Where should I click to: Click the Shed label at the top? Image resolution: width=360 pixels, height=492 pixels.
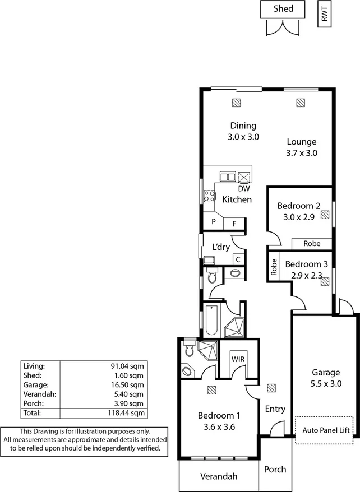284,9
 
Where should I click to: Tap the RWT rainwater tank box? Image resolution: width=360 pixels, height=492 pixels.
324,14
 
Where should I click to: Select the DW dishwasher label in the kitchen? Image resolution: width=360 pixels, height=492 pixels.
243,188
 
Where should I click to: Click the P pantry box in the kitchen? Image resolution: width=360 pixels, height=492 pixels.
214,222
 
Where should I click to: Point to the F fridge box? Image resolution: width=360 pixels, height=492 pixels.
234,223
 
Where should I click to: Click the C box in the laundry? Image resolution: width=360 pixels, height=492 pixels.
238,259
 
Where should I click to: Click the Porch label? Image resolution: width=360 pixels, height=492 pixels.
275,469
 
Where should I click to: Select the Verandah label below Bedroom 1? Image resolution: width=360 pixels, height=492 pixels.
219,476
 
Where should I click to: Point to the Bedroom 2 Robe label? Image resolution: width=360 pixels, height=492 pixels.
312,244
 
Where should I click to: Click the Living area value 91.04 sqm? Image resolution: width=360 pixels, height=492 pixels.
128,366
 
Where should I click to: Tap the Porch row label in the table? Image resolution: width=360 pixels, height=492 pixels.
33,403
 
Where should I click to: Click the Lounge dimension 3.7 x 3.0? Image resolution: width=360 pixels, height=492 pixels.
302,153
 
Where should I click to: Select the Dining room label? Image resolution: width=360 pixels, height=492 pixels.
242,126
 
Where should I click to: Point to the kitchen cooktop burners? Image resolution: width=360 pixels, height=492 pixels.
210,196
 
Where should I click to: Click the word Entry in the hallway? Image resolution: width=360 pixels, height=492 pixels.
275,409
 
